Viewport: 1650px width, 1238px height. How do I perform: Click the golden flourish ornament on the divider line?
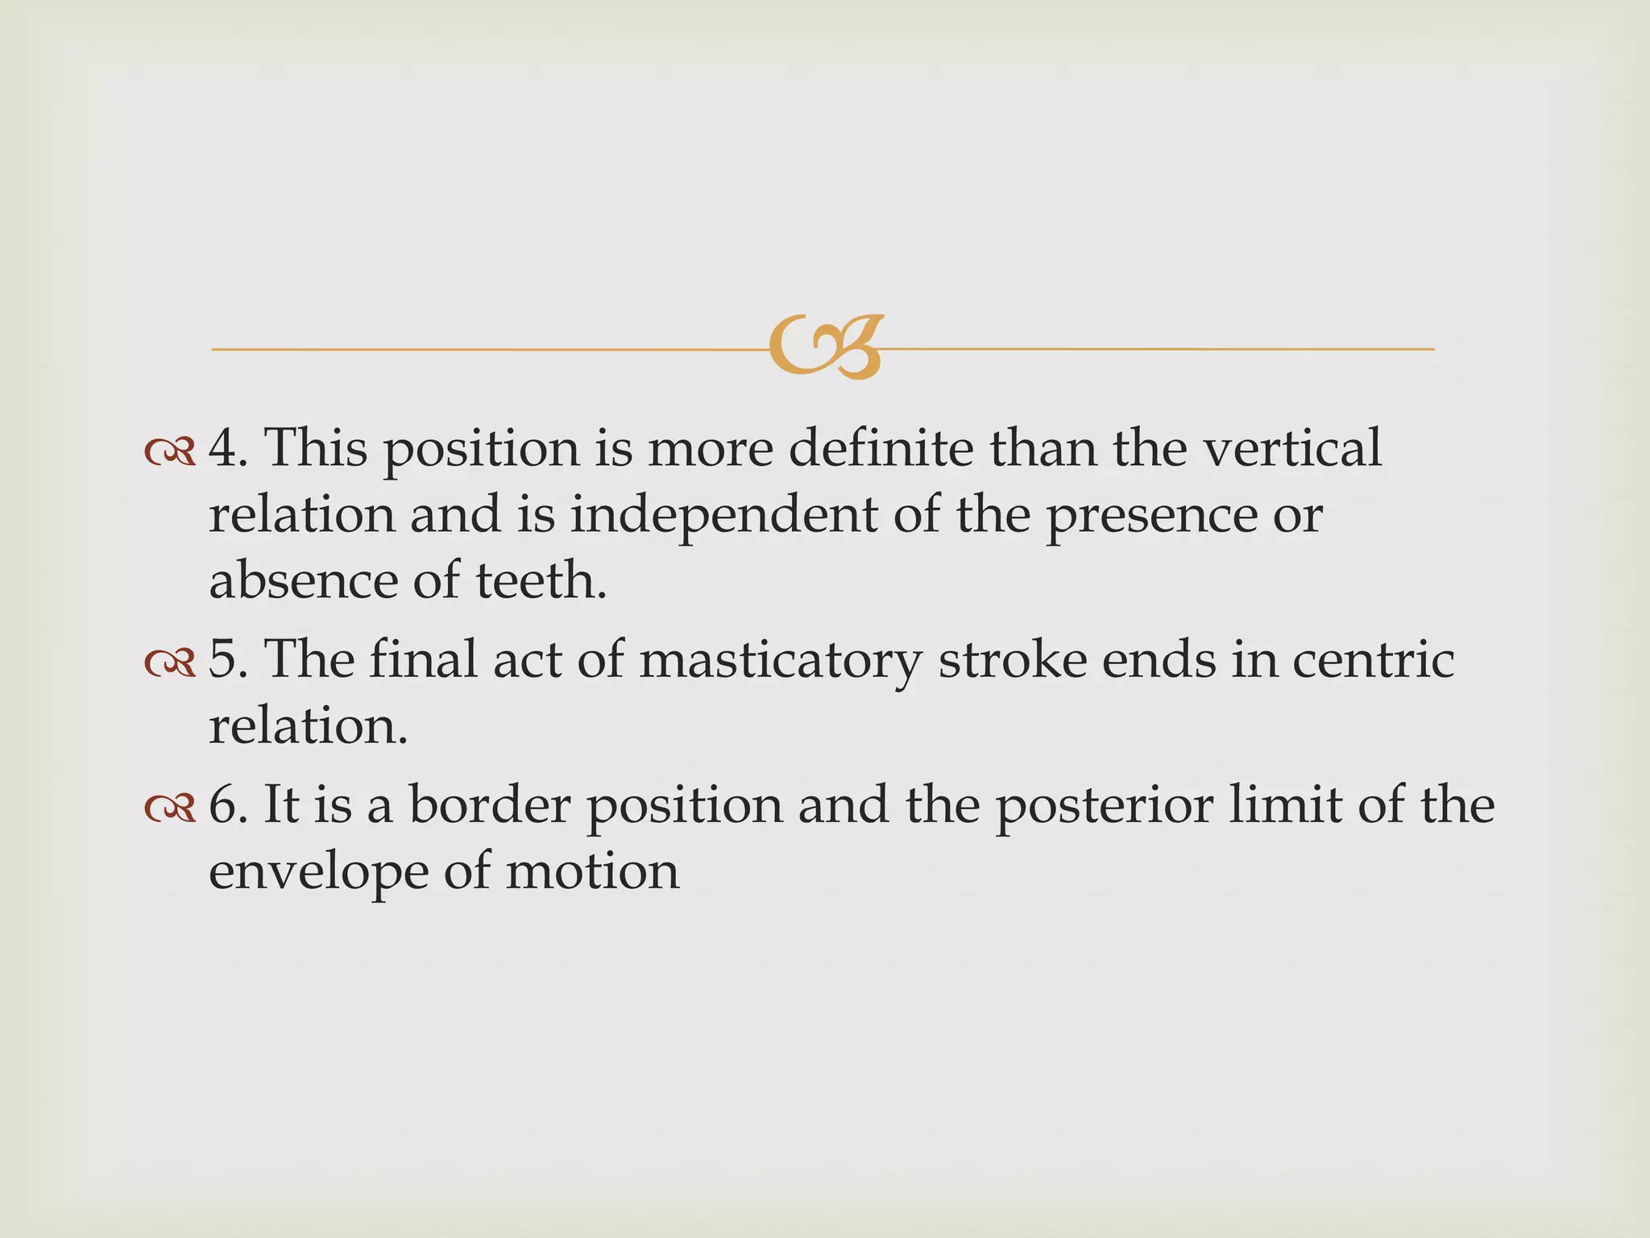click(826, 347)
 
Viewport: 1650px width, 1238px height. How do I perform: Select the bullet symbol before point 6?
click(170, 809)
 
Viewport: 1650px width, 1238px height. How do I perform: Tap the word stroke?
click(1012, 660)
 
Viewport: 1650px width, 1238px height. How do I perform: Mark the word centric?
click(1374, 660)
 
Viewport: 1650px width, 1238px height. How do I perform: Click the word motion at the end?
click(592, 871)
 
